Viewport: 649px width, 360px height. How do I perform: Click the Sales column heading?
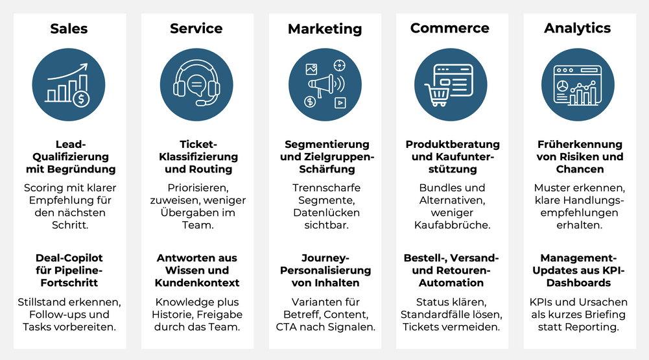[x=69, y=29]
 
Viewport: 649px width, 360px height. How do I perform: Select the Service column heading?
[x=196, y=29]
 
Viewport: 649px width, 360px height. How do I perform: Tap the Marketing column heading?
[x=325, y=29]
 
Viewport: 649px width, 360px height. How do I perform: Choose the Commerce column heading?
[x=450, y=29]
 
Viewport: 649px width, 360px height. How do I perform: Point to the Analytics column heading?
[x=577, y=28]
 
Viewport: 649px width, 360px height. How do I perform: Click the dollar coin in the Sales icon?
[x=81, y=99]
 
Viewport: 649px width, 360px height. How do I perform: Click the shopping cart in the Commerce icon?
[x=436, y=96]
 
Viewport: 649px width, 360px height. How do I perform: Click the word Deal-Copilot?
[x=69, y=258]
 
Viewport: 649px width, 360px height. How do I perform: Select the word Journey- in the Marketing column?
[x=325, y=258]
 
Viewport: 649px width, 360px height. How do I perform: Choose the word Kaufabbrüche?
[x=452, y=225]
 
